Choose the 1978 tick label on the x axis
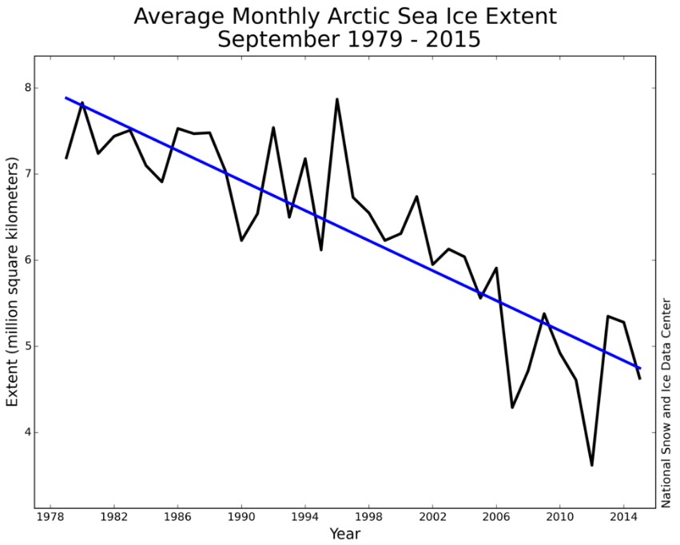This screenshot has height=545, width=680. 51,518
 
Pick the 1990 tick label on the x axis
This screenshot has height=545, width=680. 241,518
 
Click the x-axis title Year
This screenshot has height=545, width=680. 345,533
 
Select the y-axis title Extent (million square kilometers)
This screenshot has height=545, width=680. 13,282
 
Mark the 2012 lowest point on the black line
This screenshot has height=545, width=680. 591,465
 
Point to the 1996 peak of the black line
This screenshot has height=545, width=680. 337,99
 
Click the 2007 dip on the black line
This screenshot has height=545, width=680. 512,408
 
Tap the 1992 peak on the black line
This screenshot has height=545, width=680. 273,127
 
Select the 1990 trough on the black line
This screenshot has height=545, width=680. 241,240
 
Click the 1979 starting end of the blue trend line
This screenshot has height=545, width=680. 66,97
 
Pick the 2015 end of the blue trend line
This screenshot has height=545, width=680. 640,368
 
